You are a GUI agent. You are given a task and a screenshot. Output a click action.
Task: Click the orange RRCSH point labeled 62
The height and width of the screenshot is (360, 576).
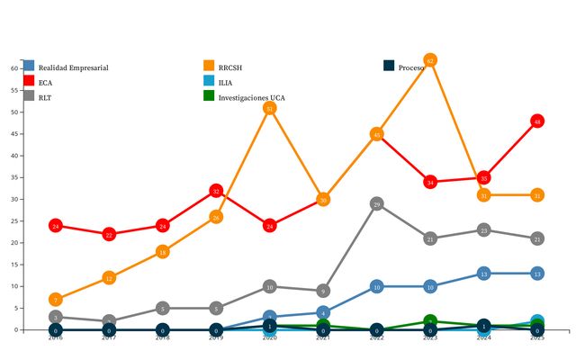click(430, 60)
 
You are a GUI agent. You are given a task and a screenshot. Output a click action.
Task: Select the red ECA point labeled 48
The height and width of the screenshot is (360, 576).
click(537, 121)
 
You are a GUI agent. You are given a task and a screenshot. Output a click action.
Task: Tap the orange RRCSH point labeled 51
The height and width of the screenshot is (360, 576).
click(269, 108)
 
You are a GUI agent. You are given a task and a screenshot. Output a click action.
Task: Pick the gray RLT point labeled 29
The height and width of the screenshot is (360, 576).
click(377, 204)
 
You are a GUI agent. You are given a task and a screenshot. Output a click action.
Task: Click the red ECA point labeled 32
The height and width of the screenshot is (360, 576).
click(216, 191)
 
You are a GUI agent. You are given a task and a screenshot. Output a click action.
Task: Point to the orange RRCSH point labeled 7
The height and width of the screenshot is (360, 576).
click(56, 300)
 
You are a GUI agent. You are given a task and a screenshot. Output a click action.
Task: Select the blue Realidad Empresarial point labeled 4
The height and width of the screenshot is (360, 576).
click(323, 312)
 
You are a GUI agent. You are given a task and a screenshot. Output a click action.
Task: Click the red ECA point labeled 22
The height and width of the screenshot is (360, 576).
click(109, 234)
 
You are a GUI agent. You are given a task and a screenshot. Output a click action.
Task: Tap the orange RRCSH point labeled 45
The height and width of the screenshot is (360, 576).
click(377, 134)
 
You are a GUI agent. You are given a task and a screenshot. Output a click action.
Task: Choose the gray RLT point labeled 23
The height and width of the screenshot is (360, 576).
click(484, 230)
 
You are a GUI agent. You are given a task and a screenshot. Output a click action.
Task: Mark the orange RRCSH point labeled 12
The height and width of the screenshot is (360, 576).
click(109, 278)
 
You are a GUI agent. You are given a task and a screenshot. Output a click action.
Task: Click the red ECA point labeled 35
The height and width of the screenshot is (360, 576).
click(484, 178)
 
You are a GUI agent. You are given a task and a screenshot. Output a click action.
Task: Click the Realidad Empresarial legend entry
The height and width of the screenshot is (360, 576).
click(72, 67)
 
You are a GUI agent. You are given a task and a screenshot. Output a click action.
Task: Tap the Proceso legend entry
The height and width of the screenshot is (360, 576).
click(410, 67)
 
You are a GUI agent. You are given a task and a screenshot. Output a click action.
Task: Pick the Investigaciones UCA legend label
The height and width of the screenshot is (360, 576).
click(252, 96)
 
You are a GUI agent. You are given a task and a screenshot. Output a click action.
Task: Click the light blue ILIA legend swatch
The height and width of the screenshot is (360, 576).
click(210, 82)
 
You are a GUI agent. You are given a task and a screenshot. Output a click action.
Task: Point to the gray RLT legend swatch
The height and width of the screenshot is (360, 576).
click(30, 96)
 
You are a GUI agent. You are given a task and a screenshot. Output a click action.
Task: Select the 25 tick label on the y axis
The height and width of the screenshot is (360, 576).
click(15, 221)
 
